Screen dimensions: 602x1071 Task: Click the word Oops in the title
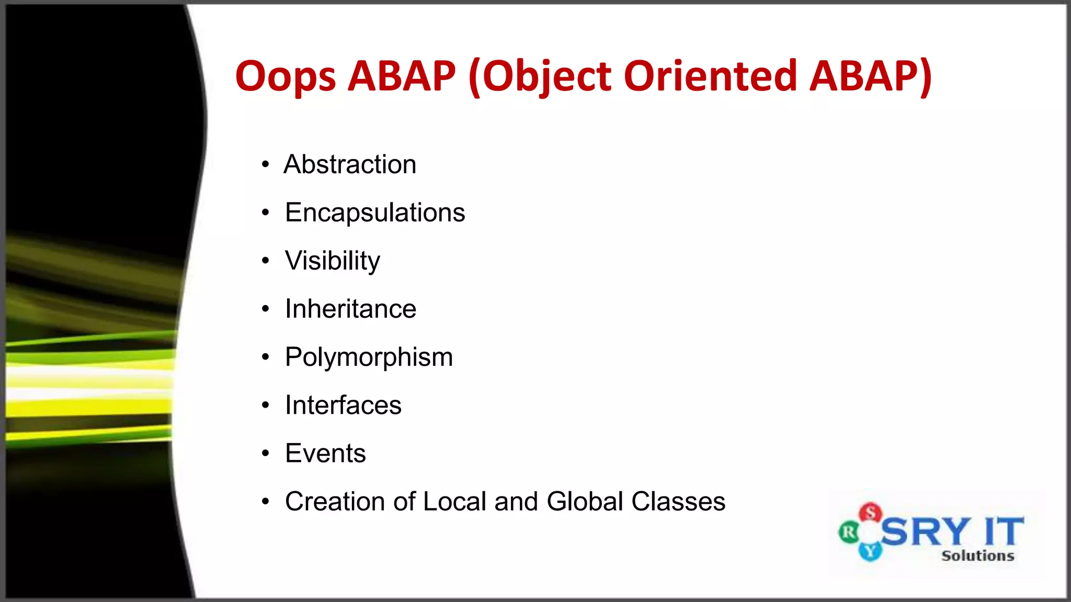(x=285, y=76)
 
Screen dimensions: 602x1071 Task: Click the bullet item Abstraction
(x=350, y=165)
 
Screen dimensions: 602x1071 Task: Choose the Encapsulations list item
(x=375, y=213)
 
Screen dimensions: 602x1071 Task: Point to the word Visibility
(x=333, y=261)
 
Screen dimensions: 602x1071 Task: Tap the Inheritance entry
(x=350, y=309)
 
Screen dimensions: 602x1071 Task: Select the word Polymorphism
(x=369, y=357)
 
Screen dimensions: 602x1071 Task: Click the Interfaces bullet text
(x=343, y=406)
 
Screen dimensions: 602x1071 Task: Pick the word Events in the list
(x=325, y=453)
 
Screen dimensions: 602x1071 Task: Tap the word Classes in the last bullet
(x=678, y=502)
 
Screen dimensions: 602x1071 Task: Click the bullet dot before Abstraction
(x=266, y=165)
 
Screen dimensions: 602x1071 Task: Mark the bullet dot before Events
(x=266, y=454)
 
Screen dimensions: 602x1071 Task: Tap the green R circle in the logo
(x=848, y=532)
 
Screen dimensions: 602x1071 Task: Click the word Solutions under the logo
(x=977, y=555)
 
